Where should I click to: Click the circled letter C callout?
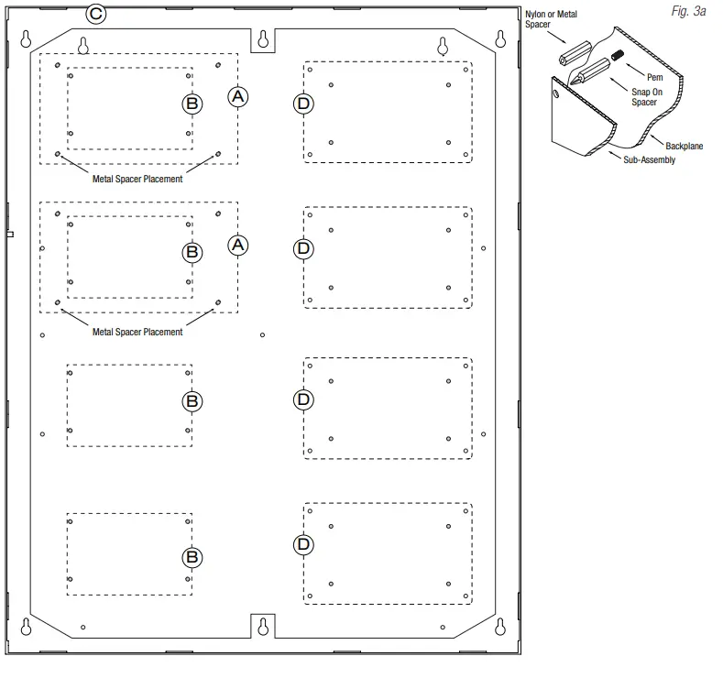point(95,14)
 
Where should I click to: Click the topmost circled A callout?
point(237,95)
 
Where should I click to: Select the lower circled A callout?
point(237,246)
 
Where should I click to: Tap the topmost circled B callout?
point(192,104)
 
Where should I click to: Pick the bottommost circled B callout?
point(192,556)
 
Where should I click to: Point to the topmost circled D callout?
point(304,104)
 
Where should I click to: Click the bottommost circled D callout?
point(304,544)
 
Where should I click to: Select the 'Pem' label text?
point(654,78)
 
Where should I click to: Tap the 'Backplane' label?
point(685,146)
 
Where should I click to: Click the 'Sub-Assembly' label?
point(643,160)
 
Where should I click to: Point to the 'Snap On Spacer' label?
point(643,97)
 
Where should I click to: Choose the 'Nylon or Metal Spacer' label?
point(553,19)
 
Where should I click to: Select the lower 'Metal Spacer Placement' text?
point(137,332)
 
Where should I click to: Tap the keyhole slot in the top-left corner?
point(27,38)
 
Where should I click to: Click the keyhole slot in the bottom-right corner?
point(500,627)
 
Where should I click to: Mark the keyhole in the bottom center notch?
point(264,626)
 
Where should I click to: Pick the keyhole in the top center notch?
point(264,39)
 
